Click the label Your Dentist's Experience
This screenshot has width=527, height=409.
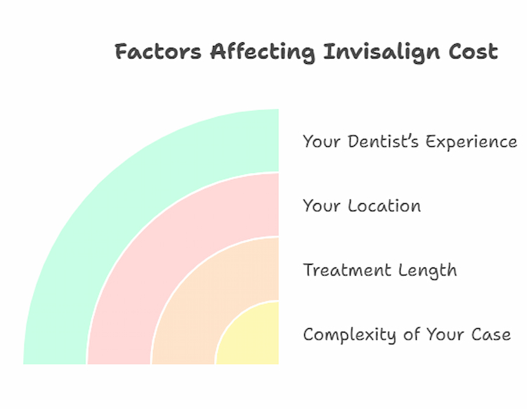[x=410, y=142]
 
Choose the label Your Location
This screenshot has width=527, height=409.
[x=362, y=206]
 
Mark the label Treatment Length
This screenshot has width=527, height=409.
[x=379, y=271]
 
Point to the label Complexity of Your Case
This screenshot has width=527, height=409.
[x=407, y=335]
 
